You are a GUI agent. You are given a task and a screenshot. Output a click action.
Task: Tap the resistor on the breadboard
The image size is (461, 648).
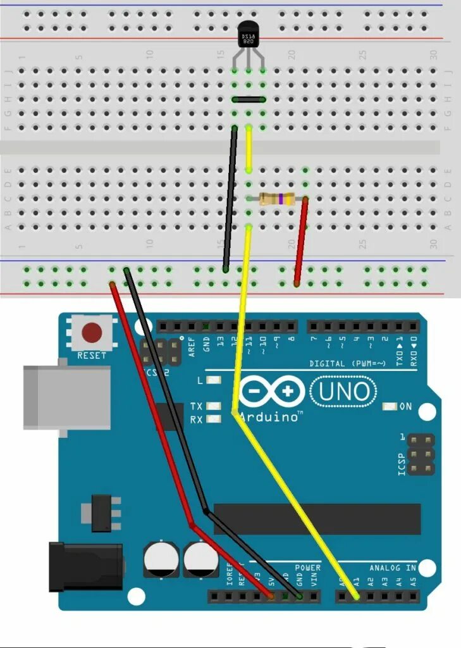point(277,199)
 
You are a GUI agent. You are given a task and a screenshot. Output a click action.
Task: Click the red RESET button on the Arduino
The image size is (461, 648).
point(92,332)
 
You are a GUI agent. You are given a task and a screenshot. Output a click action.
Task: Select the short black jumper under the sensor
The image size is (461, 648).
point(248,99)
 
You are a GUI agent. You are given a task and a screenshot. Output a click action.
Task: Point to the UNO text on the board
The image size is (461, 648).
point(344,392)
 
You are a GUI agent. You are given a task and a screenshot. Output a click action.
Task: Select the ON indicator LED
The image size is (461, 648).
point(390,407)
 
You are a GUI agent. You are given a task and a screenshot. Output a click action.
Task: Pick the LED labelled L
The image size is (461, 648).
point(214,380)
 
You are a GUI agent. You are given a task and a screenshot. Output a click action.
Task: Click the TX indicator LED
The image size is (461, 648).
point(214,406)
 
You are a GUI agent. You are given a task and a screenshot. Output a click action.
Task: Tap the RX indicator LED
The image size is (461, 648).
point(214,419)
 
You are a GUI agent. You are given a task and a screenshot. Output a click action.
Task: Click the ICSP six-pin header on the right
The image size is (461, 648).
point(420,454)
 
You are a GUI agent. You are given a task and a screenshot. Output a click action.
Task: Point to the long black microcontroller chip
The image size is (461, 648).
point(316,519)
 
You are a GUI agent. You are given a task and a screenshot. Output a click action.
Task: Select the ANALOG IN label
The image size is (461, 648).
point(393,568)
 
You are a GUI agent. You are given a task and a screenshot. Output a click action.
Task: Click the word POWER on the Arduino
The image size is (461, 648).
point(308,568)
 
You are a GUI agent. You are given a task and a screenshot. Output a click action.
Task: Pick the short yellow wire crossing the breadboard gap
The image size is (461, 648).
point(249,149)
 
